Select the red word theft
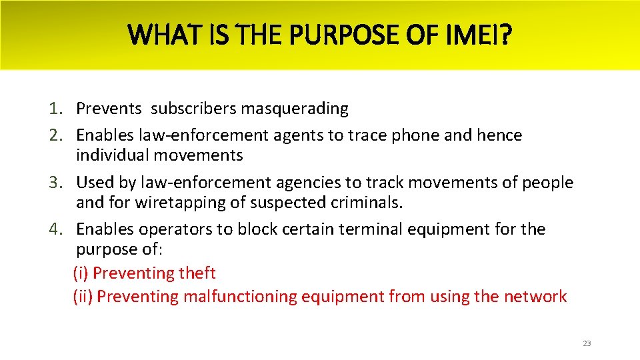click(197, 273)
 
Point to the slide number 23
click(587, 343)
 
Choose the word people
click(549, 182)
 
